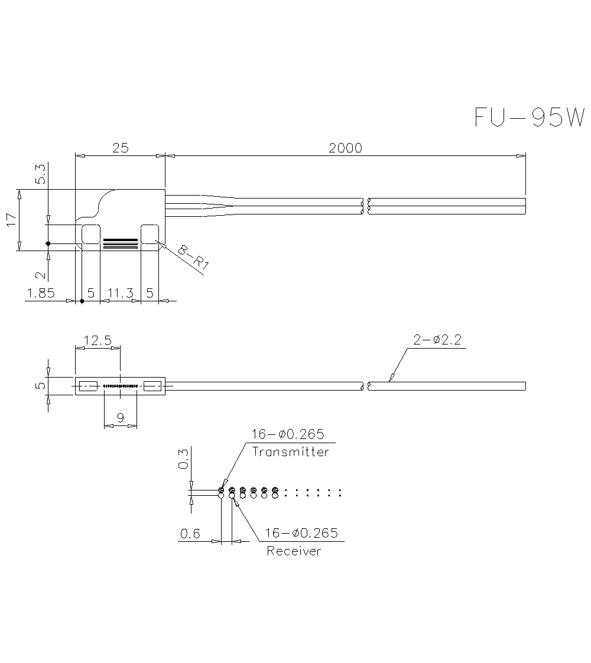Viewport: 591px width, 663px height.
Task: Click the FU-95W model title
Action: pos(528,117)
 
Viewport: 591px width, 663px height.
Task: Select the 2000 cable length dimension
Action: pos(345,148)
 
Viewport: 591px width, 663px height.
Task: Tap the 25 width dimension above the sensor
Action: pos(120,148)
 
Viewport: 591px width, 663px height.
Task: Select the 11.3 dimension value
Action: pos(120,292)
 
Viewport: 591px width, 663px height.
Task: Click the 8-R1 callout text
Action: pos(193,258)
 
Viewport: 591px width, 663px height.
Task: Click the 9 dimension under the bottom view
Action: pos(121,418)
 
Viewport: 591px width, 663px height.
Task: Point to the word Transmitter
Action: pos(290,452)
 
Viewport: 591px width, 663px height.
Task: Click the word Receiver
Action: pos(294,551)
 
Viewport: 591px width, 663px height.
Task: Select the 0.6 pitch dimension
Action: pos(190,534)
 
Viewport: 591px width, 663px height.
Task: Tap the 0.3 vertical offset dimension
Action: pos(183,459)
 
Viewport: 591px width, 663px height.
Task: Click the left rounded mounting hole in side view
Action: pos(90,234)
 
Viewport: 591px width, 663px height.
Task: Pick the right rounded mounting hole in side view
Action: pos(150,234)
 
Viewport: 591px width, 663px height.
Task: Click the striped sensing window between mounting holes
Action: pos(120,243)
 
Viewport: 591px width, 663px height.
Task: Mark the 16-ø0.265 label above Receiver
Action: pos(301,533)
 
